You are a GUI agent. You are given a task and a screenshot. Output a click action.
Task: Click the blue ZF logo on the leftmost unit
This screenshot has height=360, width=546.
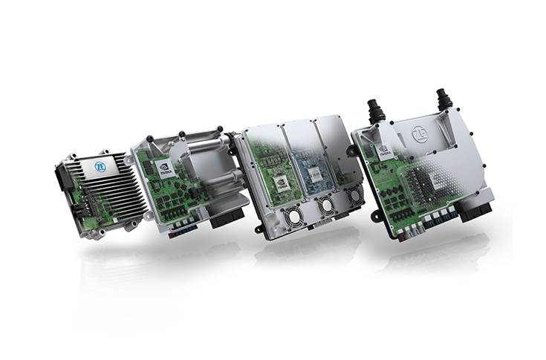click(100, 166)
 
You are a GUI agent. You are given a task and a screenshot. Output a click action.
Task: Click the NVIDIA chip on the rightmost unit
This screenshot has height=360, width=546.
click(384, 150)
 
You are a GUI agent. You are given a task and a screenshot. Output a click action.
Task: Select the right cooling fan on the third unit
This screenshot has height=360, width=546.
click(354, 195)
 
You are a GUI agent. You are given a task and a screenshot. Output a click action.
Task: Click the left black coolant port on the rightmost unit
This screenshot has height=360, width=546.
click(376, 111)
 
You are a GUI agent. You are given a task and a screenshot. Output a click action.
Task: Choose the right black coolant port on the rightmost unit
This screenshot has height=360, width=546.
click(444, 98)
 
